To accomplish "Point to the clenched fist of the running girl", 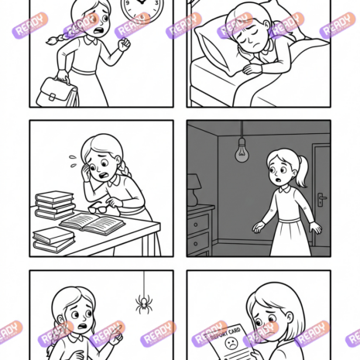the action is (124, 44).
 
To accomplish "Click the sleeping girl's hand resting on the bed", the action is (252, 69).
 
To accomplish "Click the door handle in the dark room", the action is (321, 199).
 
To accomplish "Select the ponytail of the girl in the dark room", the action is (303, 171).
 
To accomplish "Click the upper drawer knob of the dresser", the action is (196, 225).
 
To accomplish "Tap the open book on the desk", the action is (92, 224).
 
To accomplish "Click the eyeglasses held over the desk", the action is (98, 208).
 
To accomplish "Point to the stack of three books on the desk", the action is (55, 205).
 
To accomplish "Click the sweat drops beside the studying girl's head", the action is (73, 160).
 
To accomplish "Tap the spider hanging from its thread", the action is (144, 304).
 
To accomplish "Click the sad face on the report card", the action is (231, 344).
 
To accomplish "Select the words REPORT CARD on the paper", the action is (225, 334).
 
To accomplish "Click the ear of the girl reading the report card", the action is (290, 317).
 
